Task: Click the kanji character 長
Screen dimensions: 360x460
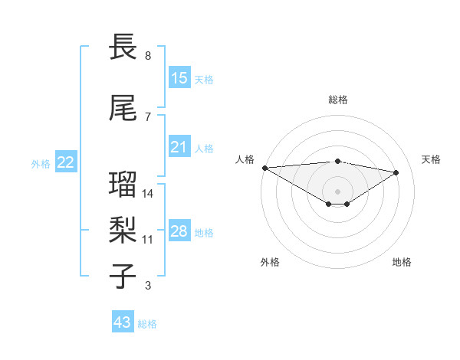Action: tap(123, 47)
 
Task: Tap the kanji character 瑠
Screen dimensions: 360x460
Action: tap(123, 185)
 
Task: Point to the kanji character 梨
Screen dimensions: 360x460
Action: tap(123, 229)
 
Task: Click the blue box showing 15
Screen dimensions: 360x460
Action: tap(179, 77)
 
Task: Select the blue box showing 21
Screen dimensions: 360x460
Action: tap(179, 147)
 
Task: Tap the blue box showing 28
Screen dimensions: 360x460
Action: tap(179, 231)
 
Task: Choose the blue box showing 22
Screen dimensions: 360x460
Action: tap(66, 162)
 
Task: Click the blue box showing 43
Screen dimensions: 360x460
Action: tap(123, 322)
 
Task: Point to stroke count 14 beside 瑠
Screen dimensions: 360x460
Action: tap(148, 193)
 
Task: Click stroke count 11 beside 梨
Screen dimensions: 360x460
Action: tap(148, 239)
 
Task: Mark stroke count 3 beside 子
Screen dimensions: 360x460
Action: tap(148, 286)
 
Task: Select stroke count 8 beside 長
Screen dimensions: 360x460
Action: tap(148, 56)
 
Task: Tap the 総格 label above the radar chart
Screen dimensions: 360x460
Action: tap(337, 100)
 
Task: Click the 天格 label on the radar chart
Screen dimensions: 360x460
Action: tap(431, 159)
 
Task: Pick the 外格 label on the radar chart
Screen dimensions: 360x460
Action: tap(270, 262)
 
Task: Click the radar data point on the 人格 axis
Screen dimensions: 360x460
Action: tap(264, 168)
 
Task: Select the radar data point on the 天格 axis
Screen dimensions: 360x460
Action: tap(396, 172)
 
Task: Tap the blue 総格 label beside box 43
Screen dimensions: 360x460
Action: tap(147, 324)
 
